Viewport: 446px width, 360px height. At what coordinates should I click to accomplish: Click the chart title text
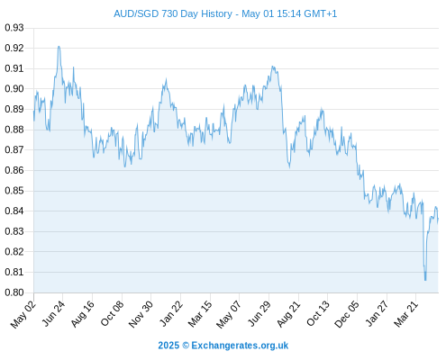(225, 14)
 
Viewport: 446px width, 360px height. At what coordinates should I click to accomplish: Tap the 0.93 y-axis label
(14, 28)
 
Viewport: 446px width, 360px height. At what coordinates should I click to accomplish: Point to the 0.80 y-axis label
(14, 292)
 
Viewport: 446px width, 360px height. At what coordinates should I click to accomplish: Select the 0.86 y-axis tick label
(14, 170)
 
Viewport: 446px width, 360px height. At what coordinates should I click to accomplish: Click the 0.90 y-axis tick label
(14, 89)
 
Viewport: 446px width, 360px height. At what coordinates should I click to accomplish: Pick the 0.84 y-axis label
(14, 211)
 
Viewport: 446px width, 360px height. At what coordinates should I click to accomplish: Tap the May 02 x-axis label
(23, 314)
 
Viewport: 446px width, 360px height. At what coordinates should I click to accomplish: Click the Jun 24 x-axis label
(53, 314)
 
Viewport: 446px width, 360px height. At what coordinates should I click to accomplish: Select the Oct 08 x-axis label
(112, 314)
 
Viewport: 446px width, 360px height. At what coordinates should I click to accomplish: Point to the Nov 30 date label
(141, 314)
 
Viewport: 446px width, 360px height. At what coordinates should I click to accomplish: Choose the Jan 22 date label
(170, 314)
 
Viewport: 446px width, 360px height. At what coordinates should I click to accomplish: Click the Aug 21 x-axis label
(288, 314)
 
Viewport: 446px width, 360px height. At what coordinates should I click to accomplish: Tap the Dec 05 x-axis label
(347, 314)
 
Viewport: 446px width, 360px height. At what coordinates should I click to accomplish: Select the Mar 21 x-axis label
(405, 314)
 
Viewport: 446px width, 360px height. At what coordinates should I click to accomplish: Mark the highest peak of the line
(59, 47)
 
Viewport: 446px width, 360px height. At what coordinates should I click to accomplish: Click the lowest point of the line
(425, 280)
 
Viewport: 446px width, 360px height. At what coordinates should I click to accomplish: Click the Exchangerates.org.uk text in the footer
(240, 346)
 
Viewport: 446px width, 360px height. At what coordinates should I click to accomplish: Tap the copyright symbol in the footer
(186, 346)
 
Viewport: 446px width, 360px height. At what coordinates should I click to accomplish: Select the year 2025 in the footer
(168, 346)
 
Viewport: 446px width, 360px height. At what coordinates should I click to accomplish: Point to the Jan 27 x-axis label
(377, 314)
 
